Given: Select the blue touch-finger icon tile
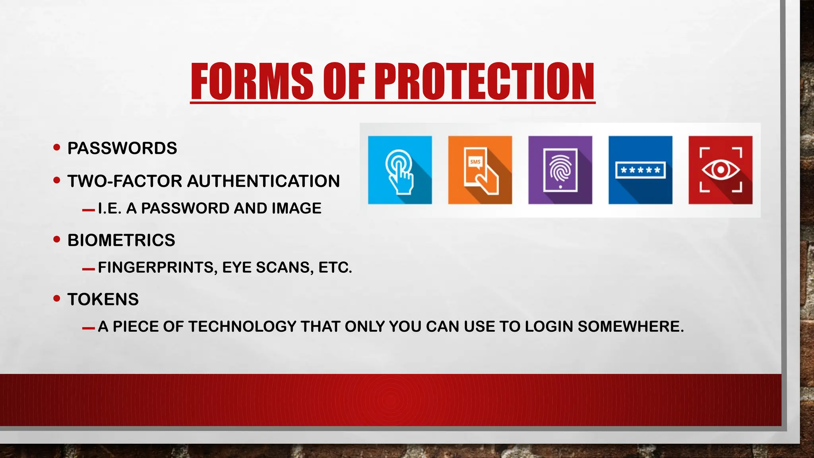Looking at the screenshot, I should click(400, 170).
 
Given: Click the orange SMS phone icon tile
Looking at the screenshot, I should click(480, 170).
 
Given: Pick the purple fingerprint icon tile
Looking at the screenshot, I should click(560, 170).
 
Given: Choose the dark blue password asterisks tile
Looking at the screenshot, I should click(640, 170).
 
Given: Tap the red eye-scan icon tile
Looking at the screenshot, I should click(720, 170).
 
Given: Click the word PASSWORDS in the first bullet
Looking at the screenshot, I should click(122, 148).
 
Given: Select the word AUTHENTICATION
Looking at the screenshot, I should click(264, 181).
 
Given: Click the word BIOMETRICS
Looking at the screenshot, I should click(121, 241).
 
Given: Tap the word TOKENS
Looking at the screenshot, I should click(103, 299).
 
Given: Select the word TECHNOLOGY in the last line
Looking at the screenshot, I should click(242, 326).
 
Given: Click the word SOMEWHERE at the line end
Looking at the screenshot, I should click(631, 326).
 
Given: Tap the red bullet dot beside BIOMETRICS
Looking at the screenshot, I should click(57, 239).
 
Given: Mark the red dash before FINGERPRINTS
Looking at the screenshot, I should click(88, 270).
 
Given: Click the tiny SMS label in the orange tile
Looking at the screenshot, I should click(475, 162).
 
